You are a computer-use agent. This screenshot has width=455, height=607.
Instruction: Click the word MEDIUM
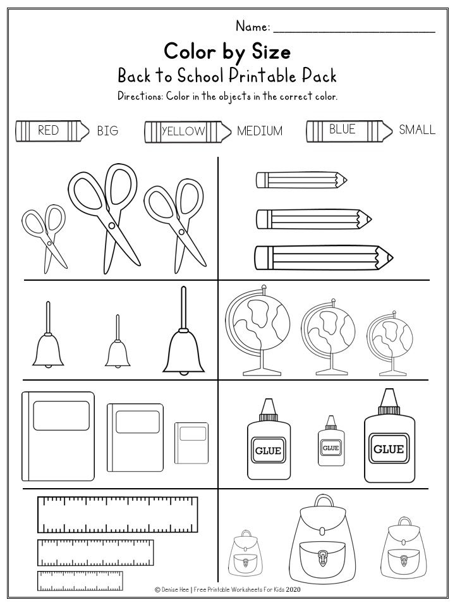click(x=260, y=131)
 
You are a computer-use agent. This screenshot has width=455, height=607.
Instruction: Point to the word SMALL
click(x=417, y=130)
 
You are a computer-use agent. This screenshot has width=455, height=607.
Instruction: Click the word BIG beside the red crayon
click(x=107, y=130)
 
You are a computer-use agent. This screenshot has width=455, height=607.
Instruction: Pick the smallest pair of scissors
click(x=44, y=238)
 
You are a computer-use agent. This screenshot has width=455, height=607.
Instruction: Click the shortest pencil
click(x=301, y=180)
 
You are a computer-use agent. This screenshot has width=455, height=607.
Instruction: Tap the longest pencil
click(x=324, y=257)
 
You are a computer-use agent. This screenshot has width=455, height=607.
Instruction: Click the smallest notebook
click(x=191, y=443)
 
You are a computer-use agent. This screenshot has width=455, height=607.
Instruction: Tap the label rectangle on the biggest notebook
click(x=61, y=416)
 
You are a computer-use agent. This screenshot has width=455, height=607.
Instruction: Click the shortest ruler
click(x=80, y=580)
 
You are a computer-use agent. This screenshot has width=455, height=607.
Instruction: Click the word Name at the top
click(x=252, y=27)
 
